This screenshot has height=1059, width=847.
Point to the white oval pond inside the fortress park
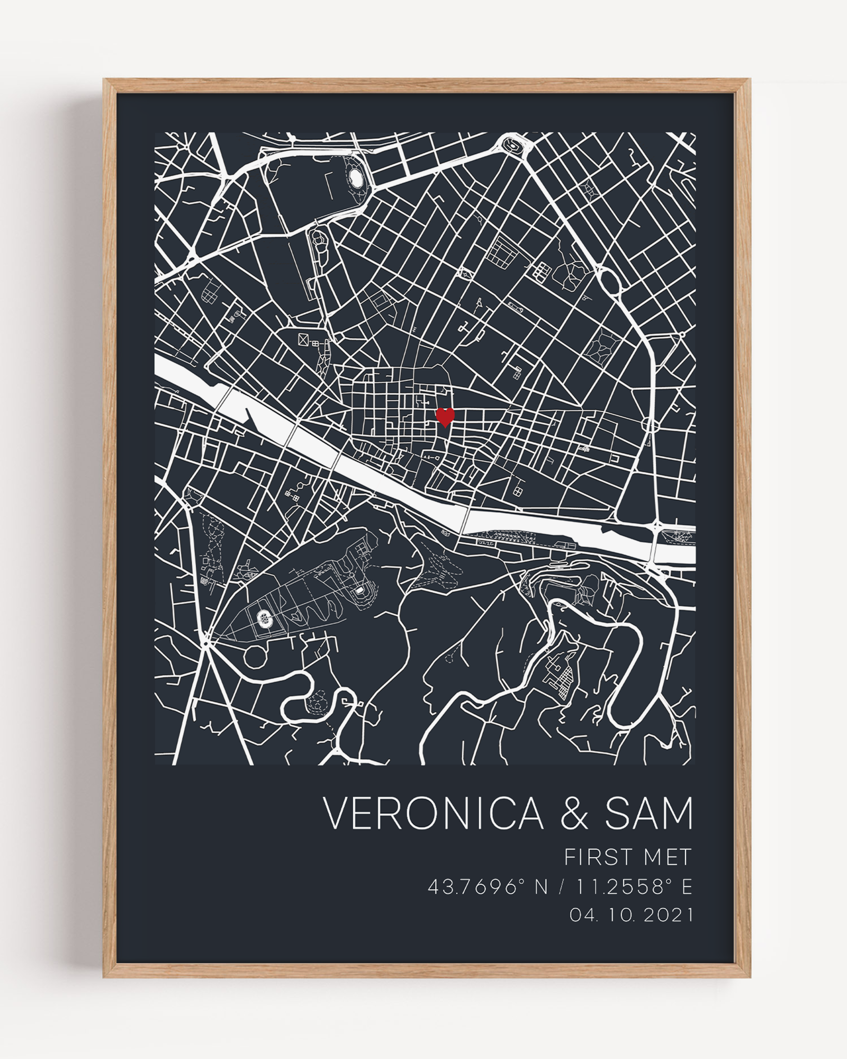click(x=357, y=179)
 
